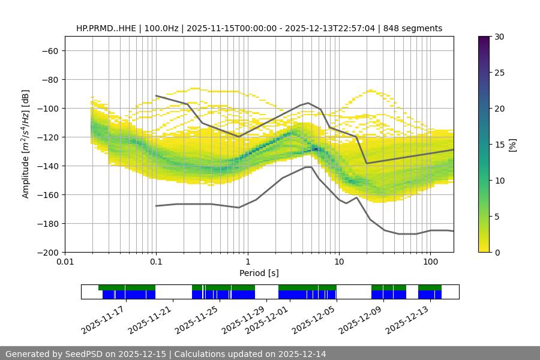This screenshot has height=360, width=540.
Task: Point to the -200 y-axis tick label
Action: point(48,252)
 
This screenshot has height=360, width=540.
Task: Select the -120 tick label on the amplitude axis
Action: point(48,137)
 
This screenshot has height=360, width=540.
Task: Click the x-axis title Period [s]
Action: point(259,273)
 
